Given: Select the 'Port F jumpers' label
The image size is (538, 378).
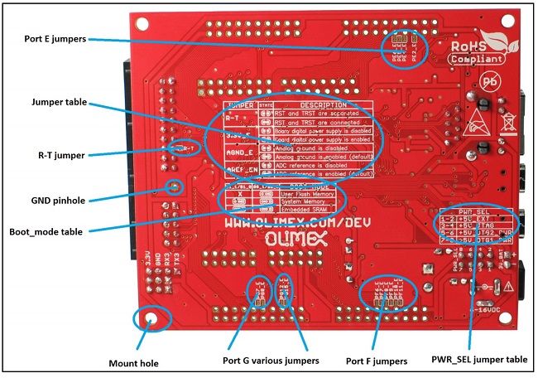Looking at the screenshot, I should pos(377,361).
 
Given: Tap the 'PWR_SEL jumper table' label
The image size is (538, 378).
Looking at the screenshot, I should pos(468,361).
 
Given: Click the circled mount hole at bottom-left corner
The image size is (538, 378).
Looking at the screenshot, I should pos(153,317).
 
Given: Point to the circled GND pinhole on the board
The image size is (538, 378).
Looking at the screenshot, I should pos(175,186).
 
